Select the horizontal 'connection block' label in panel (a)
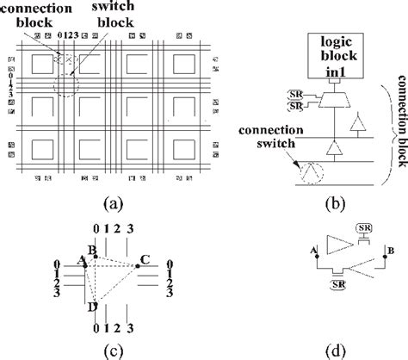tap(43, 15)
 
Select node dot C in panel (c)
tap(136, 266)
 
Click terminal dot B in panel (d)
tap(382, 253)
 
